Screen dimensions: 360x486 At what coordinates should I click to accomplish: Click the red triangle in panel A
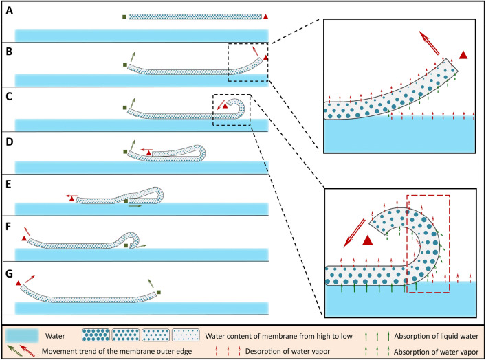pyautogui.click(x=266, y=16)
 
